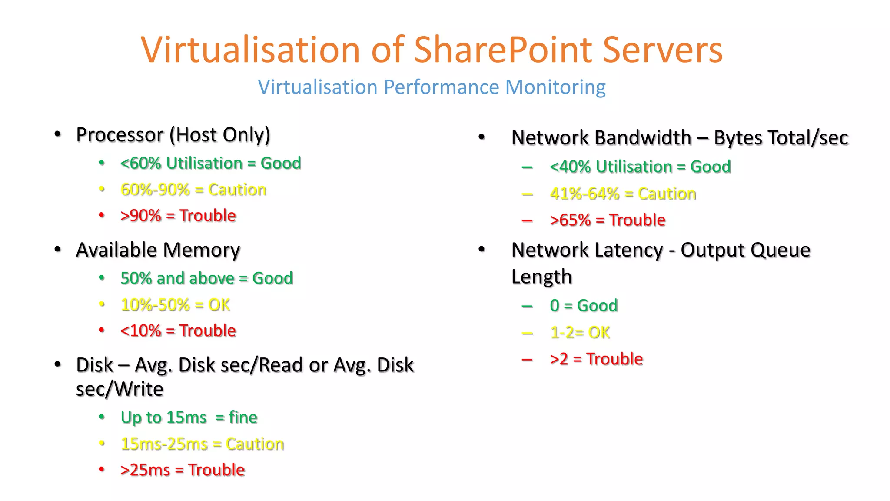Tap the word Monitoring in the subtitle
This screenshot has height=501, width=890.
pos(555,87)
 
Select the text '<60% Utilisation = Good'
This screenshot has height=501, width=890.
pos(211,164)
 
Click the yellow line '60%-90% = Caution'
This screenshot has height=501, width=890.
pos(193,190)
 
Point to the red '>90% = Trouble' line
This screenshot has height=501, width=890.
pos(178,216)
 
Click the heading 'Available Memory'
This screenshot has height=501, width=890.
pos(158,250)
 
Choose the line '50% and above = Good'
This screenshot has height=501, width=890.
pos(207,278)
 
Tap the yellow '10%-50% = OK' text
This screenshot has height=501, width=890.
pos(175,305)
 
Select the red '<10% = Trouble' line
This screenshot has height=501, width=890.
pos(178,331)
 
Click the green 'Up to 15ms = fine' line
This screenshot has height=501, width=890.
pos(189,417)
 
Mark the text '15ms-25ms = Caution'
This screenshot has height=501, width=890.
pos(202,444)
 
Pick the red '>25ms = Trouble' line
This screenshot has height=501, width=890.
pos(183,470)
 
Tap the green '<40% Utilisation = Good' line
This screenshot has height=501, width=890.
pos(640,167)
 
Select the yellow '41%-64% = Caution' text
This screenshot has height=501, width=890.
pos(623,194)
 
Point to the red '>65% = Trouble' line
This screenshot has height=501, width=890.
pos(608,220)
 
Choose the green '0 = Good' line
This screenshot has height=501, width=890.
pos(584,306)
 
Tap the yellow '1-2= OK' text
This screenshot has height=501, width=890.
pos(580,333)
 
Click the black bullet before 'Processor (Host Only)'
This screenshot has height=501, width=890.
pos(58,134)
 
